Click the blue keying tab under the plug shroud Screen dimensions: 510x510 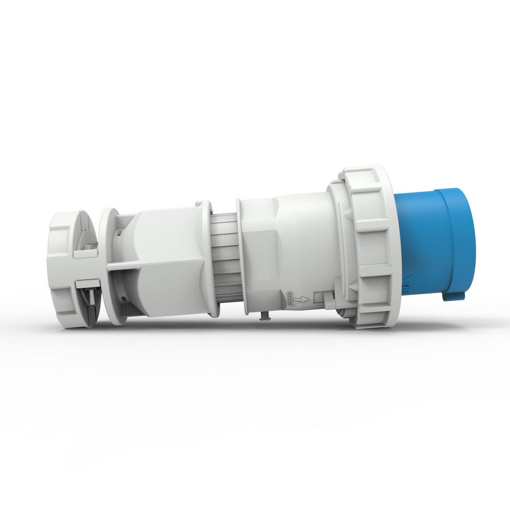pos(453,295)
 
